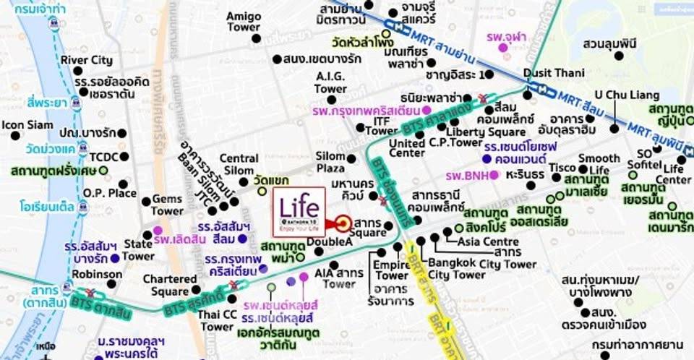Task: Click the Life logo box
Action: (x=299, y=211)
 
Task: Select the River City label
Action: (x=86, y=60)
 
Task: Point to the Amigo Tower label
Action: (x=243, y=21)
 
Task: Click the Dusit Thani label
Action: (x=554, y=73)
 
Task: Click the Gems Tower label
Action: (x=167, y=205)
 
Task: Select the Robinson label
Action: (x=98, y=275)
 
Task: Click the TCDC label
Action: (x=104, y=156)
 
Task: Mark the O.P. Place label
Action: (x=110, y=193)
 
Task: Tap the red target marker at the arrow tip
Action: (x=343, y=223)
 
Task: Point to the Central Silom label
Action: (x=239, y=164)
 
